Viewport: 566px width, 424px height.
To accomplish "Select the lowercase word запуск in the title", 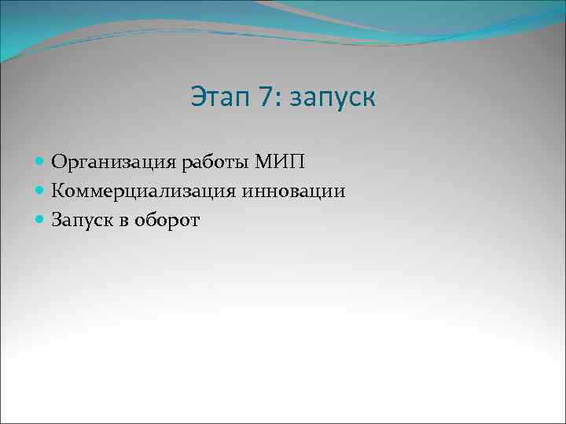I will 333,101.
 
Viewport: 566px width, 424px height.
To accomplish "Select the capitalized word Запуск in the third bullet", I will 84,221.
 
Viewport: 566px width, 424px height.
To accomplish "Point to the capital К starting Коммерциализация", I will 58,191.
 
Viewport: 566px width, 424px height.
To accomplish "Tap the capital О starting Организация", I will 59,163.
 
